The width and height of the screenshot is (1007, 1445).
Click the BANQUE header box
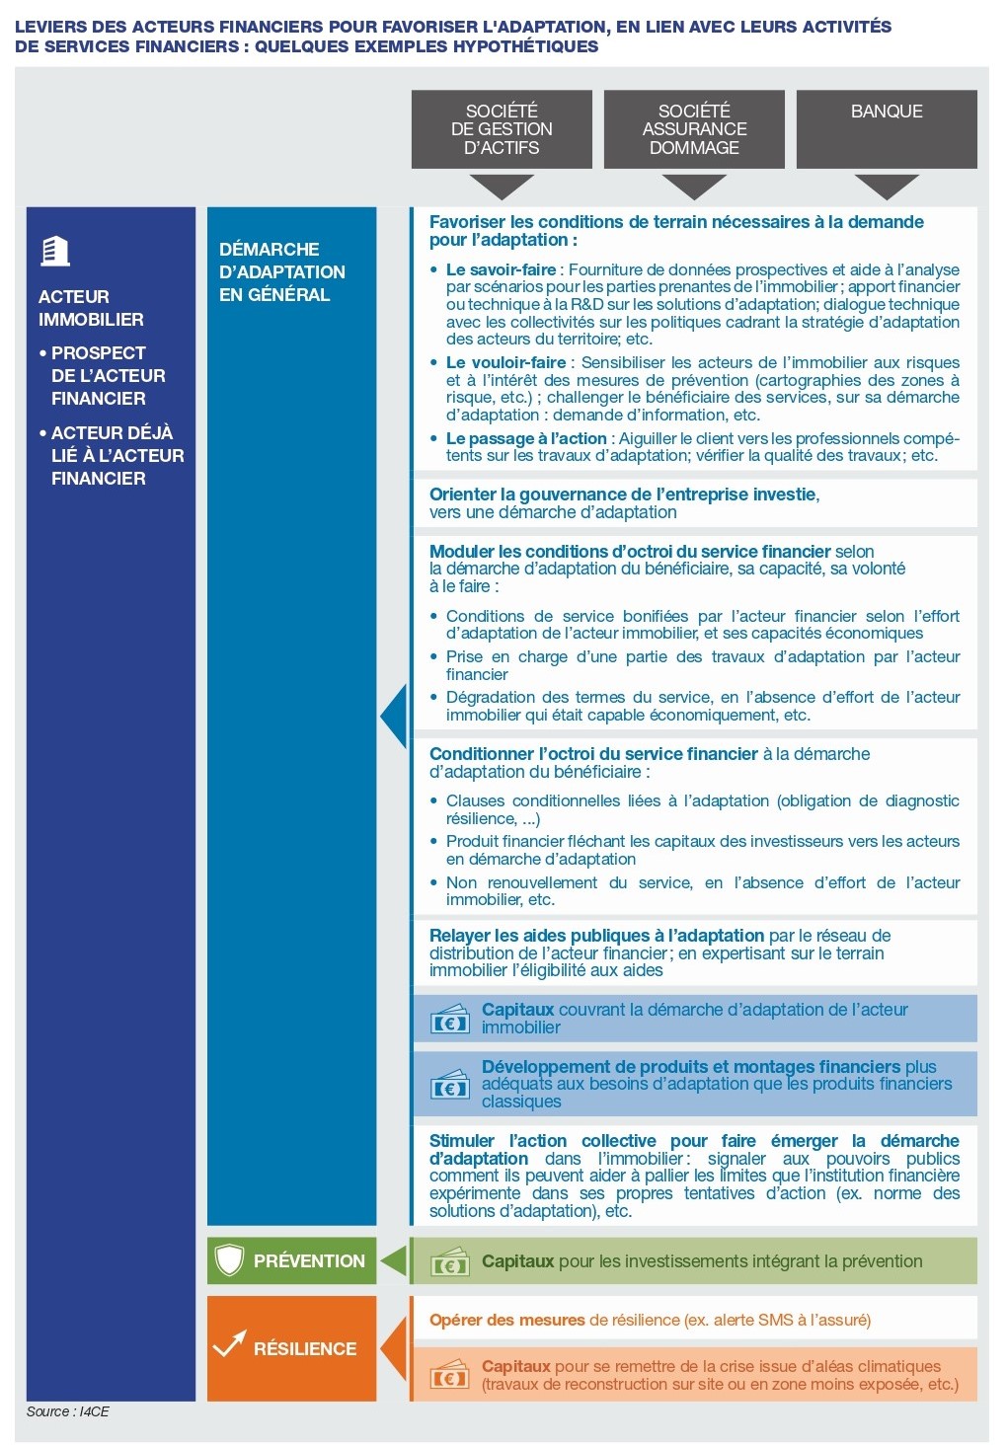coord(887,128)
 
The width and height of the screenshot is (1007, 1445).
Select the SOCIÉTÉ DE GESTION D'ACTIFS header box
coord(502,128)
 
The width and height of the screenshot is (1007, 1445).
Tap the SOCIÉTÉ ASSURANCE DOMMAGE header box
coord(694,128)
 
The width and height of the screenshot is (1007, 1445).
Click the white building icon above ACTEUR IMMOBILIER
coord(55,252)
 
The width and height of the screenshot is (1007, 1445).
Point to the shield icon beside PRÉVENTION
coord(229,1260)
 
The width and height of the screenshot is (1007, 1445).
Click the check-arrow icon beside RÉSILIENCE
coord(229,1344)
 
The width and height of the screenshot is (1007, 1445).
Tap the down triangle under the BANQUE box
coord(887,186)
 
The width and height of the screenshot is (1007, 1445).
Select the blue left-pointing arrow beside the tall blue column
coord(394,716)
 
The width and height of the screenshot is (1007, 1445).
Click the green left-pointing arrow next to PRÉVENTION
coord(394,1260)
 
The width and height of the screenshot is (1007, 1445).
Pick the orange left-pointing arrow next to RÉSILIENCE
coord(394,1348)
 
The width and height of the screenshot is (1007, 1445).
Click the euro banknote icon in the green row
coord(450,1263)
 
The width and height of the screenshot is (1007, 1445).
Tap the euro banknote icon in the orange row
coord(450,1376)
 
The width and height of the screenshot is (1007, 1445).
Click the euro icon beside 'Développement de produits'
coord(450,1086)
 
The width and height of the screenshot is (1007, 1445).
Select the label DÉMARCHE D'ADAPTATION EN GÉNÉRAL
coord(281,271)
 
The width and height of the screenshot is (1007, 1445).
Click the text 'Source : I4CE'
coord(67,1411)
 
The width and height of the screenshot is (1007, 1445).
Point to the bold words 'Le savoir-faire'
coord(501,269)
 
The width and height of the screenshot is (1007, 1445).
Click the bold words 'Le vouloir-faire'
coord(505,362)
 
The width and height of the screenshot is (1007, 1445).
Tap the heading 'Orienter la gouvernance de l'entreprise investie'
coord(623,494)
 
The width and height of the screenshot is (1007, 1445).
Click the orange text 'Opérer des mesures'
coord(506,1320)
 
